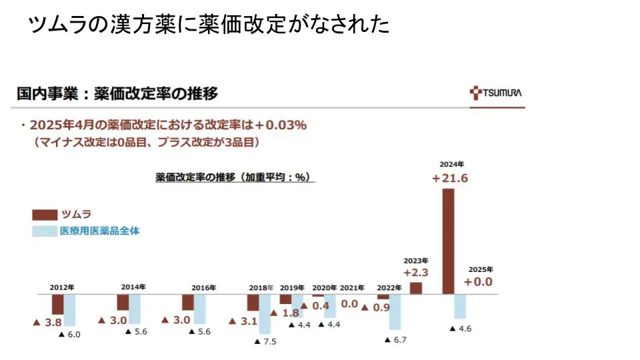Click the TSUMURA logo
[496, 93]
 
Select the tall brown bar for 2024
[448, 241]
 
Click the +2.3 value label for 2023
[415, 272]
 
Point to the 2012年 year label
[62, 287]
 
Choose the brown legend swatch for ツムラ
[45, 215]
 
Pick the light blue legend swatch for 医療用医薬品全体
[45, 231]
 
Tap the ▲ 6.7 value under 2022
[395, 340]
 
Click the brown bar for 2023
[416, 288]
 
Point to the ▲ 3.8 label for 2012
[47, 321]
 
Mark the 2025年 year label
[480, 269]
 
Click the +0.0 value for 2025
[478, 282]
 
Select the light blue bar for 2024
[460, 306]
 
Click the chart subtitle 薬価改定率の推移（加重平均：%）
[235, 177]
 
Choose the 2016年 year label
[203, 288]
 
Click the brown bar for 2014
[123, 303]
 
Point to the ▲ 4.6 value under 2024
[461, 329]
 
